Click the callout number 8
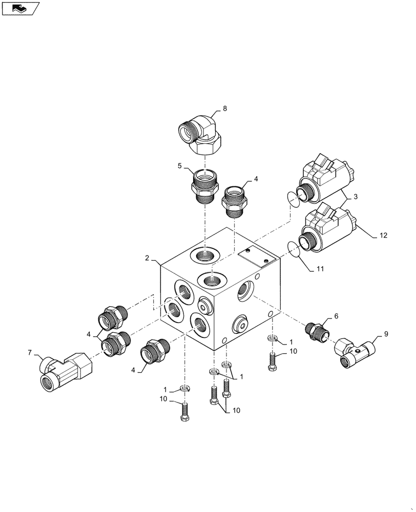point(224,109)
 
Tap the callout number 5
point(180,166)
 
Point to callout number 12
point(384,236)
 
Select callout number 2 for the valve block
point(147,258)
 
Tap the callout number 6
point(336,316)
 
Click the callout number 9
point(386,333)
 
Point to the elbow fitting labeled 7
point(67,370)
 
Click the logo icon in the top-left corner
point(20,8)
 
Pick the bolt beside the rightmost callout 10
point(272,360)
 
